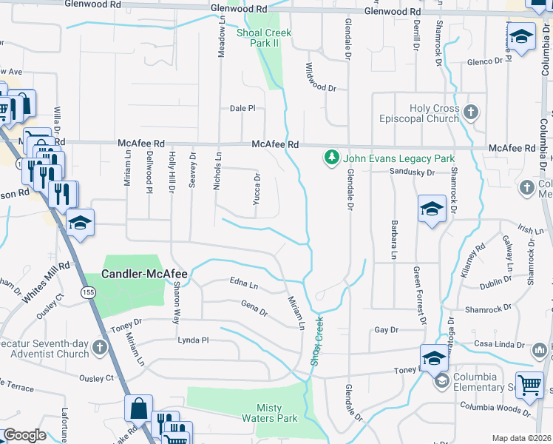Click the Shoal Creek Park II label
click(x=264, y=38)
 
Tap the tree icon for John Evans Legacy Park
click(x=332, y=158)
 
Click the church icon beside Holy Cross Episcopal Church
click(x=471, y=113)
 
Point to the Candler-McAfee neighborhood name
click(x=144, y=275)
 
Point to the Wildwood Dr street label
click(x=321, y=78)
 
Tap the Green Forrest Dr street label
click(x=419, y=295)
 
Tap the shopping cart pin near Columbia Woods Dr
click(x=529, y=386)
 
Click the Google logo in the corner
click(x=24, y=435)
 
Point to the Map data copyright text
click(x=521, y=438)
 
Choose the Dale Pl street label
click(x=242, y=108)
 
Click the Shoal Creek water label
click(x=317, y=342)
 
